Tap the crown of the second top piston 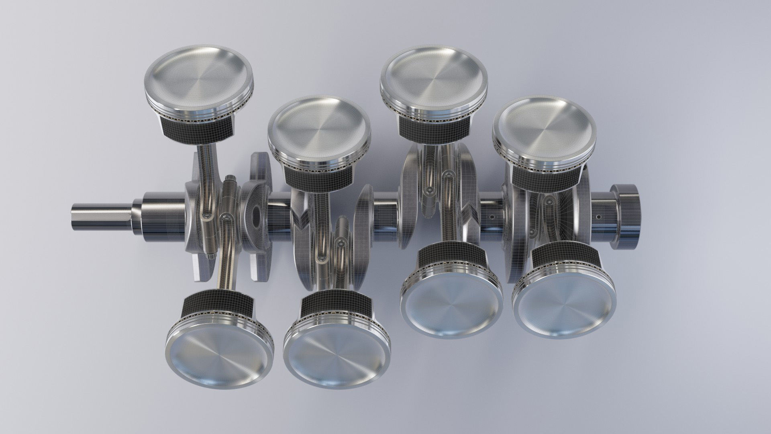(x=319, y=126)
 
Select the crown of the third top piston (x=434, y=75)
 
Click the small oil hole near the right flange (x=598, y=217)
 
